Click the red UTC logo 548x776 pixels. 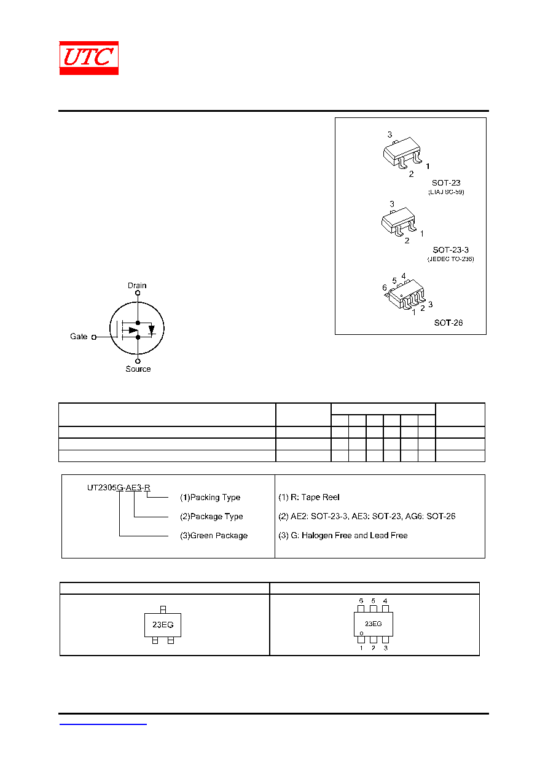pos(88,58)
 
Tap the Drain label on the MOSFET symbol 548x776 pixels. pos(137,286)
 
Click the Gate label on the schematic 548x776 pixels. pos(79,336)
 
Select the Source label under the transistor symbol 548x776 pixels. pos(138,369)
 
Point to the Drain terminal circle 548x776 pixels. pos(138,293)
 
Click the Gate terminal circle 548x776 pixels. pos(93,337)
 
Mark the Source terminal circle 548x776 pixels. pos(138,361)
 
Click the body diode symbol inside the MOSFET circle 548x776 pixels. pos(151,329)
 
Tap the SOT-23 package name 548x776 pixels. pos(446,182)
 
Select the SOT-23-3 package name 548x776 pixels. pos(450,250)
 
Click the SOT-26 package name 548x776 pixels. pos(448,323)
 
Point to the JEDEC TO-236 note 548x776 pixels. pos(450,259)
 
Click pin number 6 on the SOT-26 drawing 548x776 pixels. pos(384,288)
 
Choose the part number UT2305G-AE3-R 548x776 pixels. pos(119,487)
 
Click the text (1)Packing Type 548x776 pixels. pos(210,497)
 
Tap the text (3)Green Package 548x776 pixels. pos(214,535)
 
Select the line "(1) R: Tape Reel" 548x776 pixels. pos(308,497)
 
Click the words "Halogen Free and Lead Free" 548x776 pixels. pos(354,535)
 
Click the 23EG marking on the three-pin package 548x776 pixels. pos(163,625)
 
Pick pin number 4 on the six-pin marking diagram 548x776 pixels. pos(385,601)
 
